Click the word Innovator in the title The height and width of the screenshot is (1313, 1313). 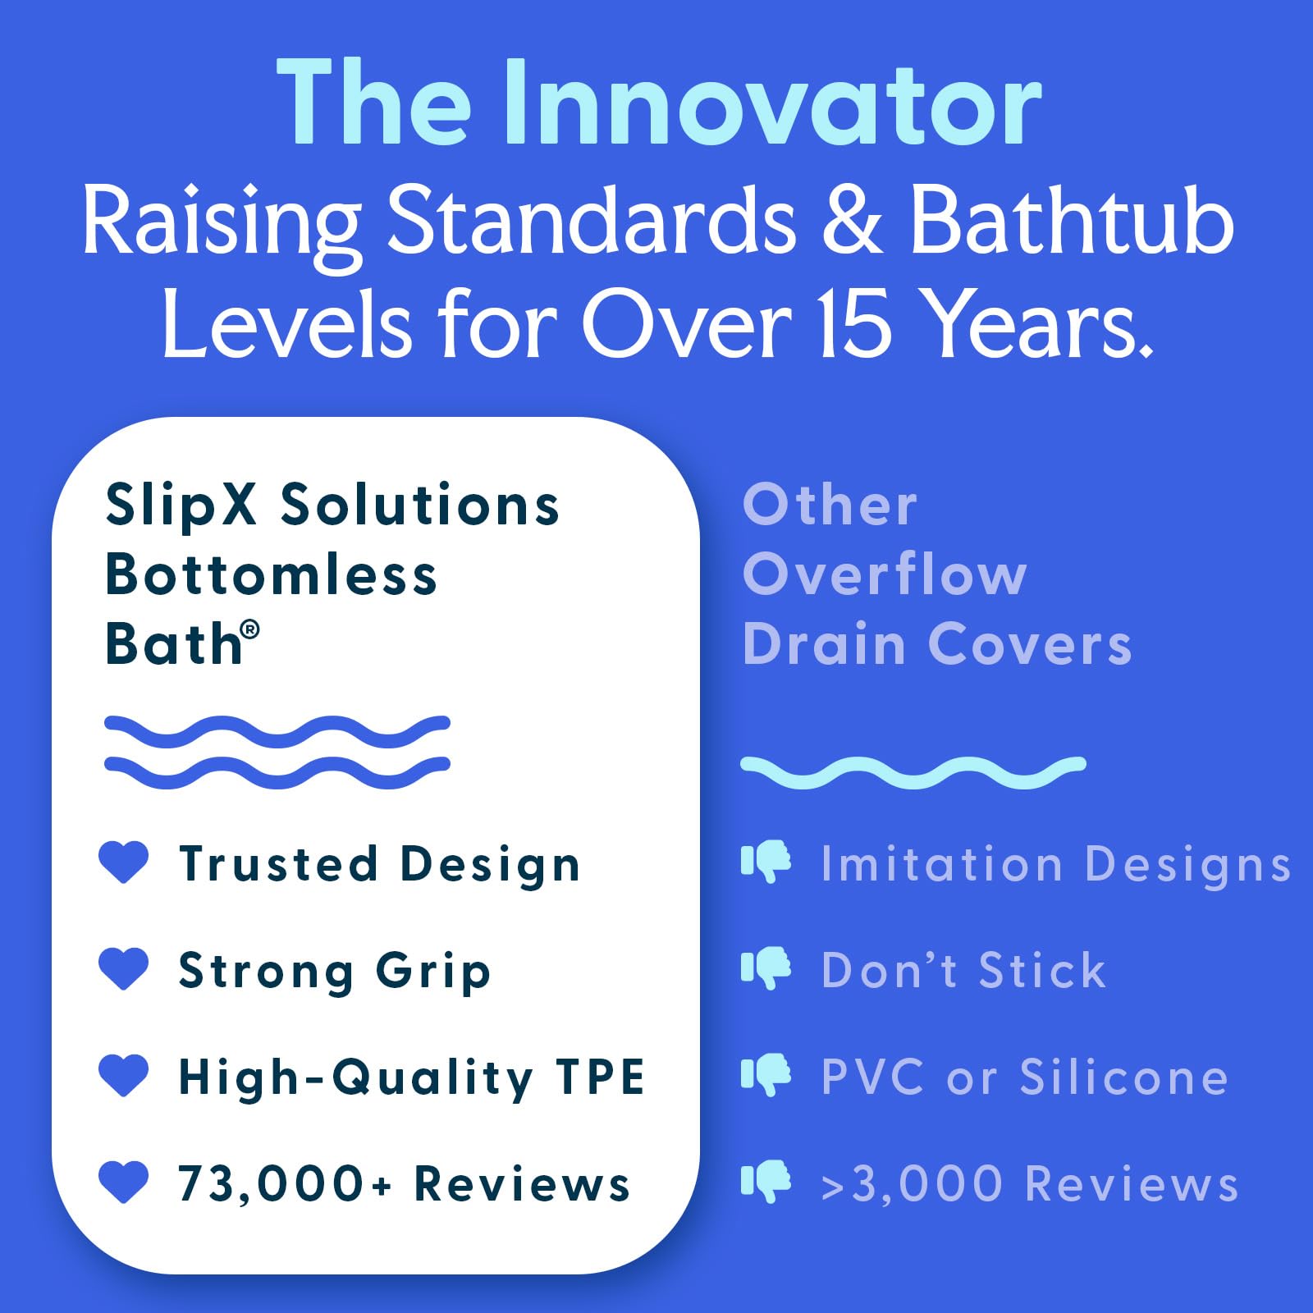point(771,104)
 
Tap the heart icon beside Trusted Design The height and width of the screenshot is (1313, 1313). point(124,862)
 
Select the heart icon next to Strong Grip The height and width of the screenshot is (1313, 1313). point(124,968)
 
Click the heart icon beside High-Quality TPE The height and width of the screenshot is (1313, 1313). point(124,1075)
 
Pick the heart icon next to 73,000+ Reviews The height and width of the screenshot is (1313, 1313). point(124,1182)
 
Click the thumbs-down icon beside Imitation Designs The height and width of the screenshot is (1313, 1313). point(766,862)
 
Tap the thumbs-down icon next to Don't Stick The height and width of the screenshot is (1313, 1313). point(766,968)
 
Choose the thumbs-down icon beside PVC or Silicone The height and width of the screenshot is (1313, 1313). point(766,1075)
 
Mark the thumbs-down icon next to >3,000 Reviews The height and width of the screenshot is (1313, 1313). point(766,1182)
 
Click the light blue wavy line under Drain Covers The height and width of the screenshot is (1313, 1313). point(913,772)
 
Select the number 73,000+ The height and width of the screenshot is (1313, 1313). point(285,1184)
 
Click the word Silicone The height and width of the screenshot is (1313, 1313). point(1123,1076)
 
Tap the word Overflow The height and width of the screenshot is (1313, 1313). point(885,574)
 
